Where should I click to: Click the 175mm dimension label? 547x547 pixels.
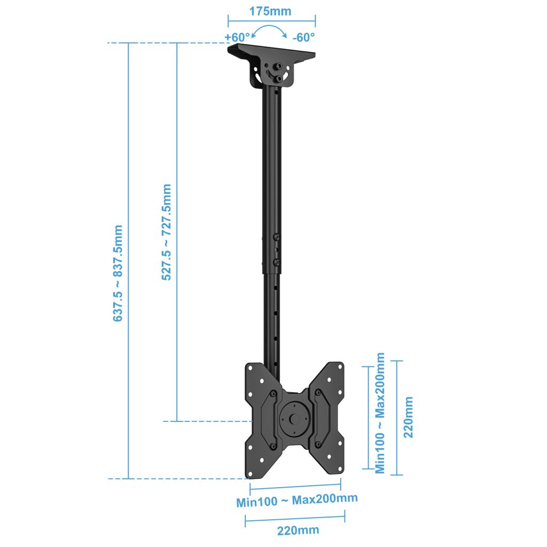pyautogui.click(x=270, y=11)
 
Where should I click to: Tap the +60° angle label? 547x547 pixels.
pyautogui.click(x=237, y=37)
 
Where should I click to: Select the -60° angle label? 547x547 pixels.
pyautogui.click(x=303, y=37)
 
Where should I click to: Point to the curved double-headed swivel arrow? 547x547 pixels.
pyautogui.click(x=269, y=27)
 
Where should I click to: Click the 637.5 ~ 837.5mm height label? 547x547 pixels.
pyautogui.click(x=118, y=273)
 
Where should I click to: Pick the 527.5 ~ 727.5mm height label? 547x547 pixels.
pyautogui.click(x=167, y=232)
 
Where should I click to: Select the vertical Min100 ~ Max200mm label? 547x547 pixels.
pyautogui.click(x=380, y=413)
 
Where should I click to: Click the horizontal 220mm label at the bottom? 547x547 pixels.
pyautogui.click(x=298, y=530)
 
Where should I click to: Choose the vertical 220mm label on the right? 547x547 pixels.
pyautogui.click(x=408, y=417)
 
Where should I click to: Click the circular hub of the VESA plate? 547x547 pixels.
pyautogui.click(x=294, y=419)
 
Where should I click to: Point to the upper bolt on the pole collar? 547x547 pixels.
pyautogui.click(x=276, y=237)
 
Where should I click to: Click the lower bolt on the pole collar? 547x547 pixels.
pyautogui.click(x=276, y=262)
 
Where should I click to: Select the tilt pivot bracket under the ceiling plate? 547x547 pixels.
pyautogui.click(x=272, y=74)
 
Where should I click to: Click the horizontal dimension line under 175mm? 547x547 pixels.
pyautogui.click(x=272, y=21)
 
